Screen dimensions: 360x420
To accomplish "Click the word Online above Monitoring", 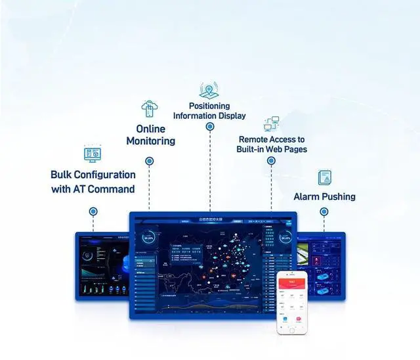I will click(x=150, y=129).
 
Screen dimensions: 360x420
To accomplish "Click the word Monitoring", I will click(x=150, y=141).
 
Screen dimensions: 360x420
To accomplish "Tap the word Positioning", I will click(x=209, y=106).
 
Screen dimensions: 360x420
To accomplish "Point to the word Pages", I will click(x=295, y=149).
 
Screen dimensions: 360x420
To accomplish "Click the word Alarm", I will click(x=306, y=196).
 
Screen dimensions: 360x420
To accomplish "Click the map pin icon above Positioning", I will click(x=209, y=90).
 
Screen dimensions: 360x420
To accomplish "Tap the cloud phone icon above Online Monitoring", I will click(x=149, y=109).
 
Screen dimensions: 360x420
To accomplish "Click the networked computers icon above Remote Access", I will click(x=272, y=124).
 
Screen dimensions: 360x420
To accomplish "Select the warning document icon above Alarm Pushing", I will click(x=324, y=177).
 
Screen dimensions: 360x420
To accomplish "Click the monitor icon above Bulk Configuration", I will click(x=93, y=155).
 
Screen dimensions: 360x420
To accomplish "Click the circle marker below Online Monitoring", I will click(x=150, y=161).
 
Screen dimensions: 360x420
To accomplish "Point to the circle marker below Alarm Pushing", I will click(x=324, y=212).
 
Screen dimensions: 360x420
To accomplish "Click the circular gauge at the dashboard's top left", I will click(x=149, y=238).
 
